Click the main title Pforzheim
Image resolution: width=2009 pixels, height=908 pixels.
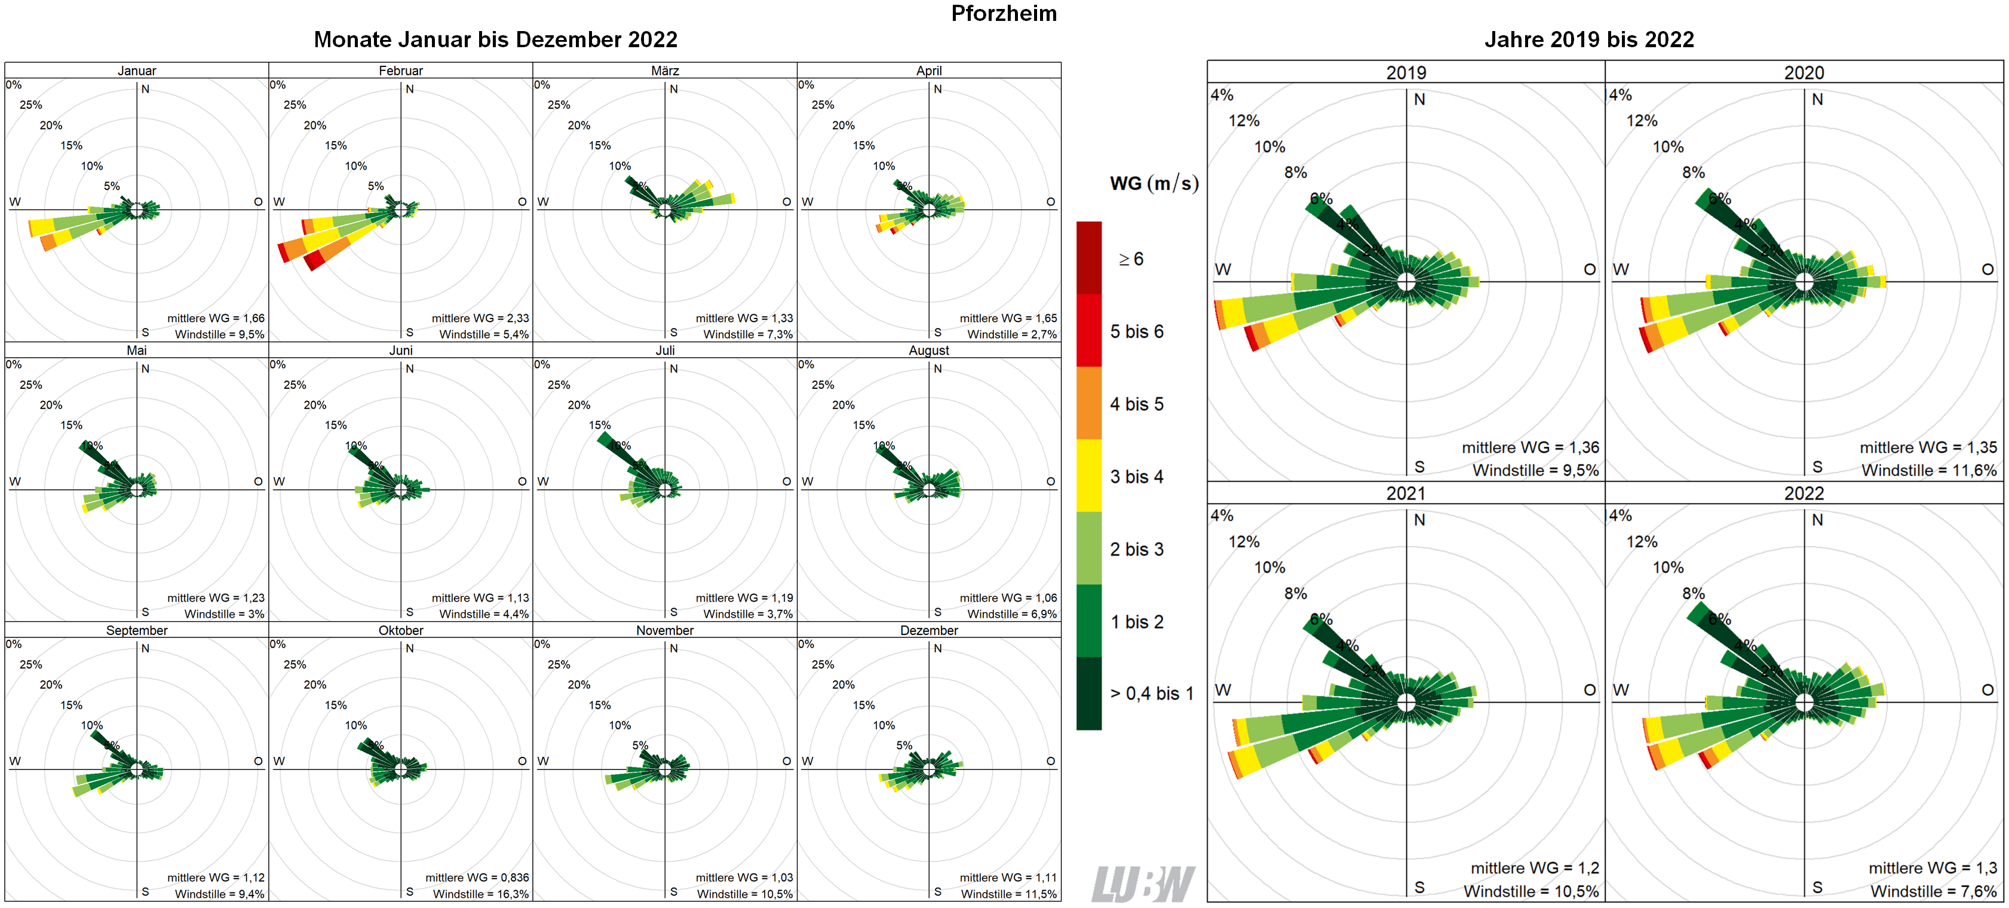[x=1003, y=13]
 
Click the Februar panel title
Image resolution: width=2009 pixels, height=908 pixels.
[x=400, y=70]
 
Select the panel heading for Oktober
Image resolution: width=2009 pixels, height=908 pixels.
[x=400, y=630]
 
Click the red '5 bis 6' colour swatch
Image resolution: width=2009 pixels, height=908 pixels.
[x=1088, y=331]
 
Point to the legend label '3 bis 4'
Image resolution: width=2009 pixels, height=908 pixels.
[x=1136, y=477]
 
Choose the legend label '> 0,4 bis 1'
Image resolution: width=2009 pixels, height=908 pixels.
[x=1151, y=694]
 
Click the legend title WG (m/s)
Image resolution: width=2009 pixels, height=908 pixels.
[x=1154, y=184]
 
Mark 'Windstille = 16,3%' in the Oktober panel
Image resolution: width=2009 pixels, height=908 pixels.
[x=480, y=894]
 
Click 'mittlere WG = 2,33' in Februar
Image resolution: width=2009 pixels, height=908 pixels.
[x=480, y=318]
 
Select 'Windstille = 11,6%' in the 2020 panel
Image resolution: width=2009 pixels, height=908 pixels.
[x=1929, y=470]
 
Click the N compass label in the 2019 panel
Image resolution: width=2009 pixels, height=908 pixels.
[x=1419, y=100]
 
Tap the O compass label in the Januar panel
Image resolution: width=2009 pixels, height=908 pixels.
[x=258, y=202]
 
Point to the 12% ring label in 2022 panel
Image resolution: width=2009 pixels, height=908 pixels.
[x=1642, y=541]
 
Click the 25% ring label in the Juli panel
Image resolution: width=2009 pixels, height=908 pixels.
[x=559, y=385]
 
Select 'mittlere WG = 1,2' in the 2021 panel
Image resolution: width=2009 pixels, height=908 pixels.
[x=1534, y=868]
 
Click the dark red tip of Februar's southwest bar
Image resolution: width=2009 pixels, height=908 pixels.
[x=313, y=263]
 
